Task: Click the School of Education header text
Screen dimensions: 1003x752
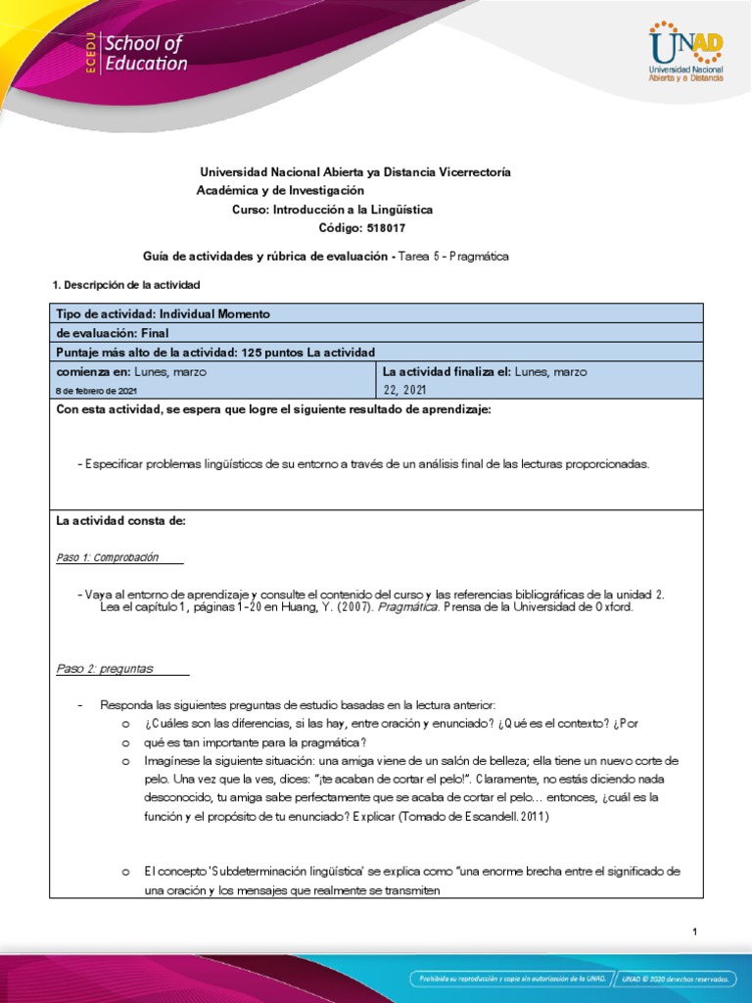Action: tap(144, 54)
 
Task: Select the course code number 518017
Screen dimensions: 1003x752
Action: tap(386, 228)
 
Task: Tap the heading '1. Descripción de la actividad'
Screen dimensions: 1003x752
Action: tap(124, 284)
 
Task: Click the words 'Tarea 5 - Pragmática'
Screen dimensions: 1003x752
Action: tap(454, 257)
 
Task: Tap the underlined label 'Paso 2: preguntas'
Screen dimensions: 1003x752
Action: tap(106, 668)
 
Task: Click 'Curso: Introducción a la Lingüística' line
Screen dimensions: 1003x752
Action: tap(332, 210)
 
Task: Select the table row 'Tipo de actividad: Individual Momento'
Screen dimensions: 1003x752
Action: tap(164, 313)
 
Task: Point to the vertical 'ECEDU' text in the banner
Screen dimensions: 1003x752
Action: tap(88, 54)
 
